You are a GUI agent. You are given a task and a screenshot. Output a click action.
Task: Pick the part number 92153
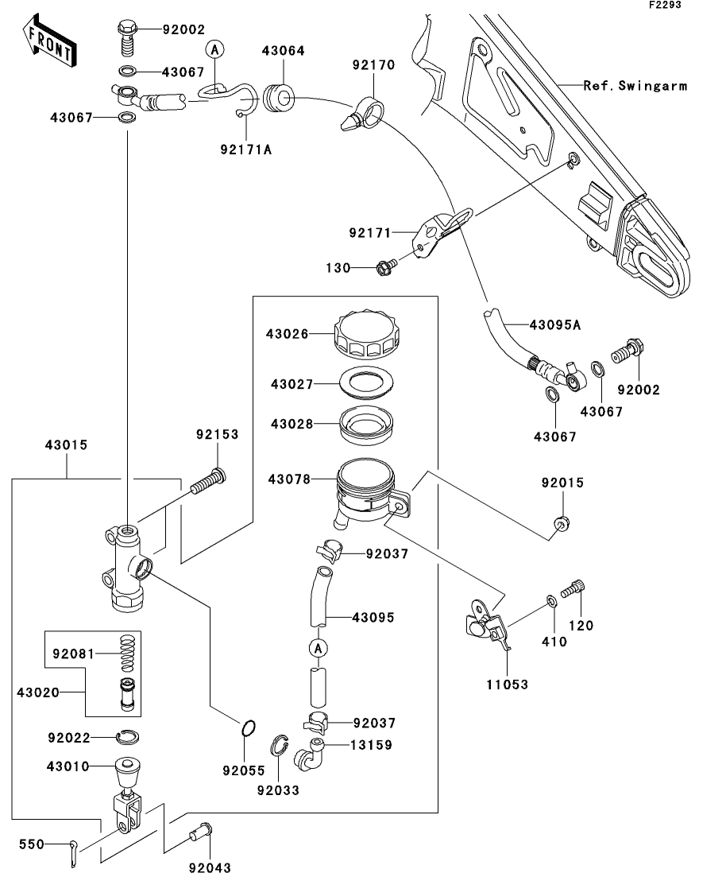[218, 435]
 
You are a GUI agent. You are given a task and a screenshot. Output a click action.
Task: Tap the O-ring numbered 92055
[248, 728]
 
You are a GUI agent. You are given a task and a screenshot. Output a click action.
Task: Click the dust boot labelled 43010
[126, 770]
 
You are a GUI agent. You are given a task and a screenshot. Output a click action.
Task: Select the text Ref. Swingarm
[635, 86]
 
